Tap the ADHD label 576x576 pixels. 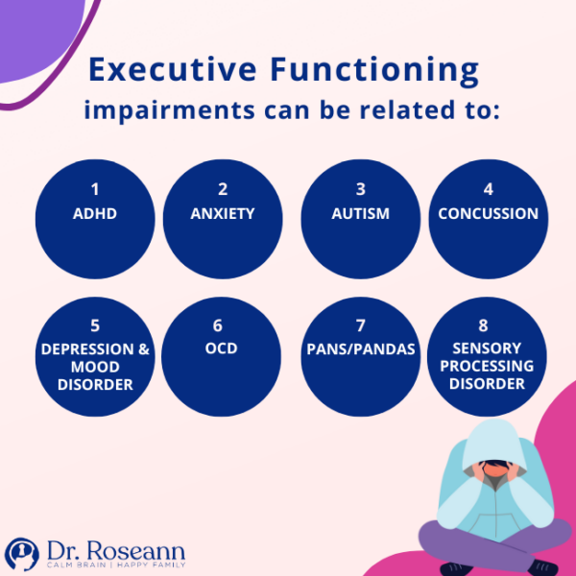(95, 213)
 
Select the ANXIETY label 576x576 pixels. (223, 213)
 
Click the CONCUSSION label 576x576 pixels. (488, 213)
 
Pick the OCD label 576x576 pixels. (223, 348)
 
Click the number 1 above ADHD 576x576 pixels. (95, 189)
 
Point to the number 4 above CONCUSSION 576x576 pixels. (488, 189)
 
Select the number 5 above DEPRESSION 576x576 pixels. (95, 325)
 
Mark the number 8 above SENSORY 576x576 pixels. (488, 325)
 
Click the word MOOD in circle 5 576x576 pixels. (95, 367)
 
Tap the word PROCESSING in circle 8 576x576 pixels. (488, 366)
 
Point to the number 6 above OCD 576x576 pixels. (223, 325)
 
